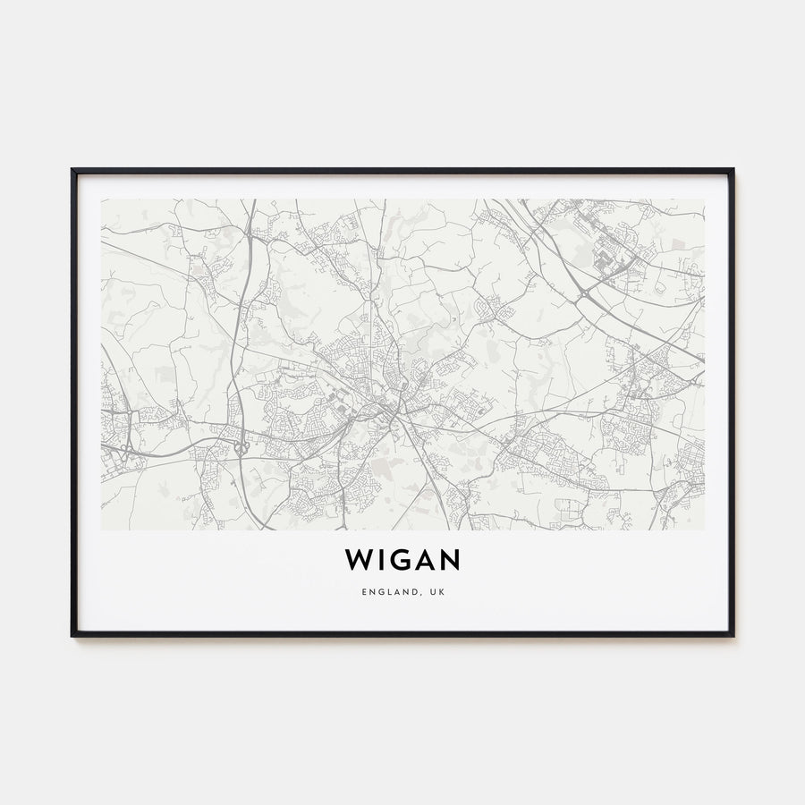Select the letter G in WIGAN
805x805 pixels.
tap(402, 560)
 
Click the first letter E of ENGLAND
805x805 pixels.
tap(365, 592)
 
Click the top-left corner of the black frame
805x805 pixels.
tap(72, 169)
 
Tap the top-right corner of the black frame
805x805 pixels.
tap(733, 169)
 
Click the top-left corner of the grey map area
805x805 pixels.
tap(102, 199)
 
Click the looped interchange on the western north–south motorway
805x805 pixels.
tap(241, 445)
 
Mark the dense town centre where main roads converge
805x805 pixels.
tap(386, 407)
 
